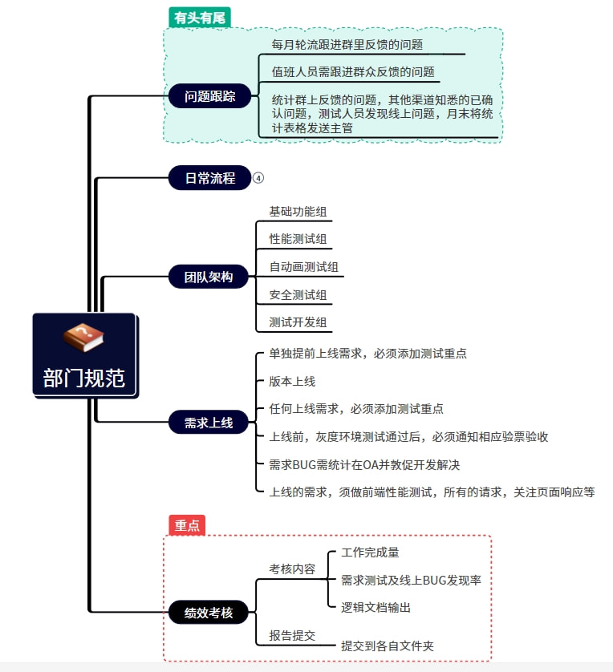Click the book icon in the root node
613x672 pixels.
click(x=84, y=338)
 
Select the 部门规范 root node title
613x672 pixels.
click(x=84, y=378)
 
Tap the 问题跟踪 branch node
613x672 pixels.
click(x=210, y=96)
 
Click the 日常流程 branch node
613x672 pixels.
click(x=210, y=178)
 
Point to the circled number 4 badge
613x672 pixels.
click(x=258, y=178)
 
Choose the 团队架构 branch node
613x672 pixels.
click(x=209, y=277)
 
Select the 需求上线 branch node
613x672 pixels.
click(x=209, y=422)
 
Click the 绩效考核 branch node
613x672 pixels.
click(x=209, y=613)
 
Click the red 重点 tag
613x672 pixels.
click(x=187, y=524)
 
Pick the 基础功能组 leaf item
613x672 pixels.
click(x=298, y=213)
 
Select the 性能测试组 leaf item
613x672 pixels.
click(x=298, y=239)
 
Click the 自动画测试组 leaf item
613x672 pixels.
click(x=303, y=267)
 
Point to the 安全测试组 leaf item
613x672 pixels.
click(x=298, y=295)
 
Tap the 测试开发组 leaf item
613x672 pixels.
click(x=298, y=322)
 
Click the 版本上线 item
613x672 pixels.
click(x=292, y=381)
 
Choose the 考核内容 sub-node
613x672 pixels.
click(x=292, y=569)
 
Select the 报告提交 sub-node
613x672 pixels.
click(x=292, y=635)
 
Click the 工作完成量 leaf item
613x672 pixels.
click(x=370, y=552)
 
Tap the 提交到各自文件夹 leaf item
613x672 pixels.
click(x=388, y=645)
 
